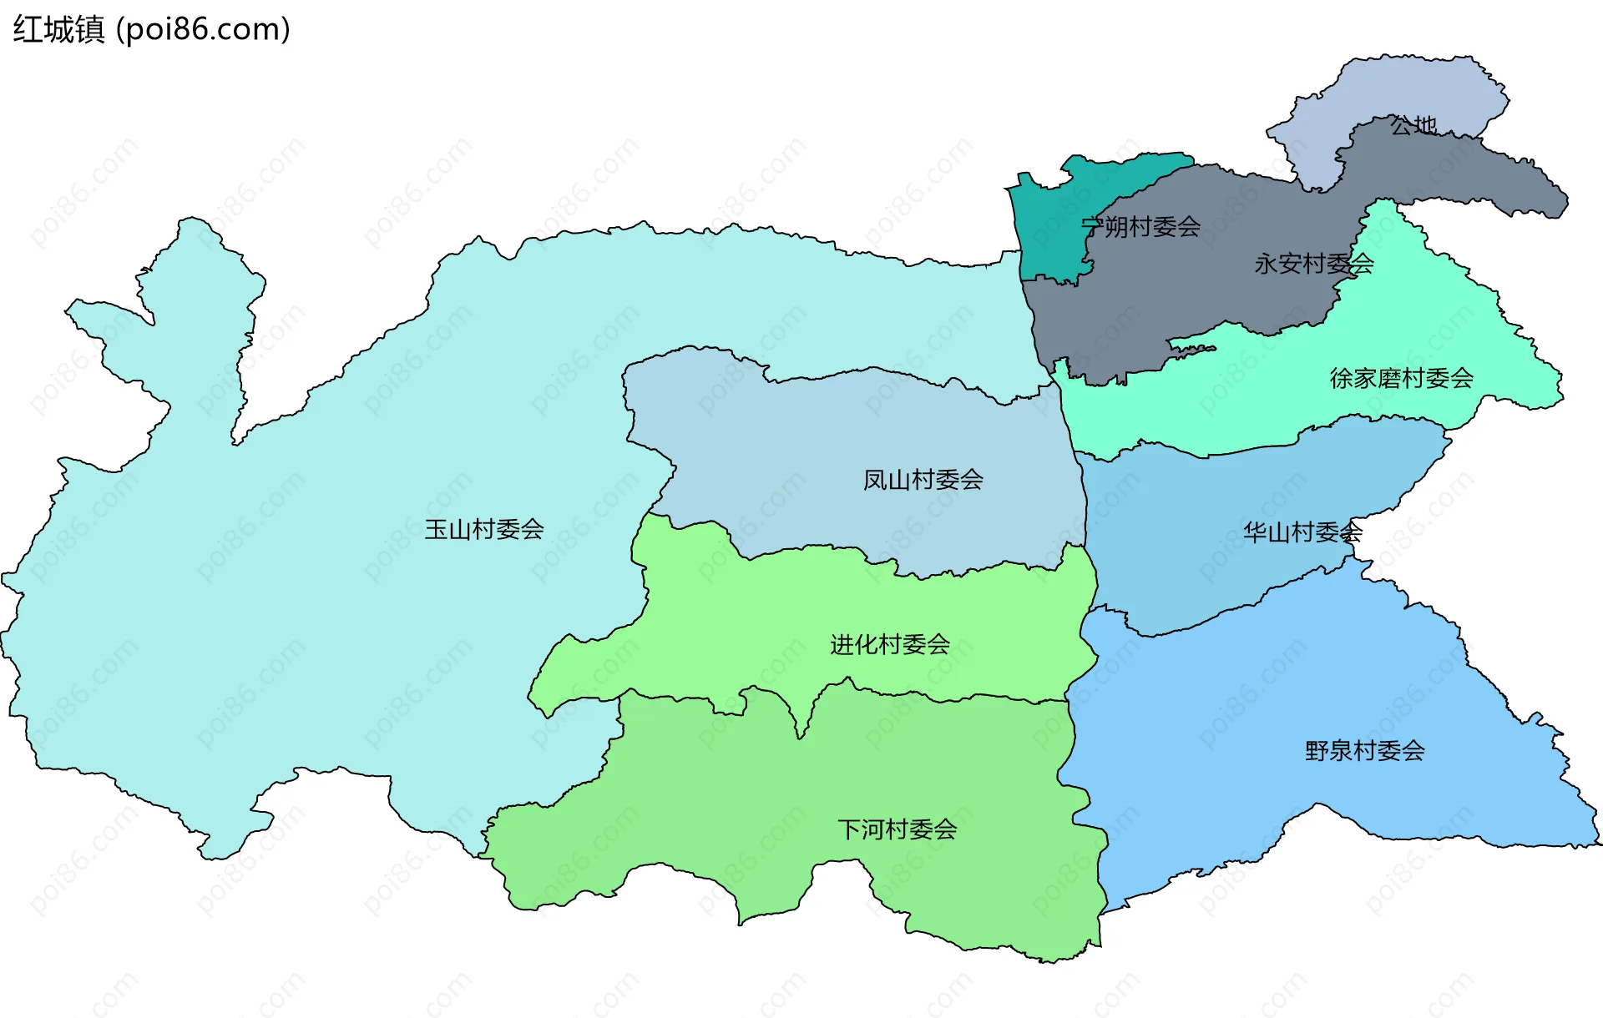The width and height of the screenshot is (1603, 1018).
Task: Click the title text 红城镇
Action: [58, 30]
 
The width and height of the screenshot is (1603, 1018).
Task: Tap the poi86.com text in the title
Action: [203, 30]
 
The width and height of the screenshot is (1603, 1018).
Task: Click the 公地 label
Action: [1413, 126]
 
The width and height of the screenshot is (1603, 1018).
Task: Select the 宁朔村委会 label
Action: [1140, 227]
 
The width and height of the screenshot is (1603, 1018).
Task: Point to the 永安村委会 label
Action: [1313, 265]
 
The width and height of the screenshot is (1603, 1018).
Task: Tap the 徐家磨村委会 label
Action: [1401, 379]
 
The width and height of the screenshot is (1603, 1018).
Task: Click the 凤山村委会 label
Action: [923, 480]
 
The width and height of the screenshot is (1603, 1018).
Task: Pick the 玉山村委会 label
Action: [484, 529]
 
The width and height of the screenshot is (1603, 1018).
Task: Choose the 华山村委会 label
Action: [1302, 532]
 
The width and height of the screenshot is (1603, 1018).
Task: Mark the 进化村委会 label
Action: [890, 644]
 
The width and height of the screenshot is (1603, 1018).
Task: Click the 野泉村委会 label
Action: [1364, 751]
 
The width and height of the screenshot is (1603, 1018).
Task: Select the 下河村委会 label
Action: [897, 829]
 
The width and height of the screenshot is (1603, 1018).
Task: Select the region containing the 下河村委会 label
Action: [835, 784]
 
